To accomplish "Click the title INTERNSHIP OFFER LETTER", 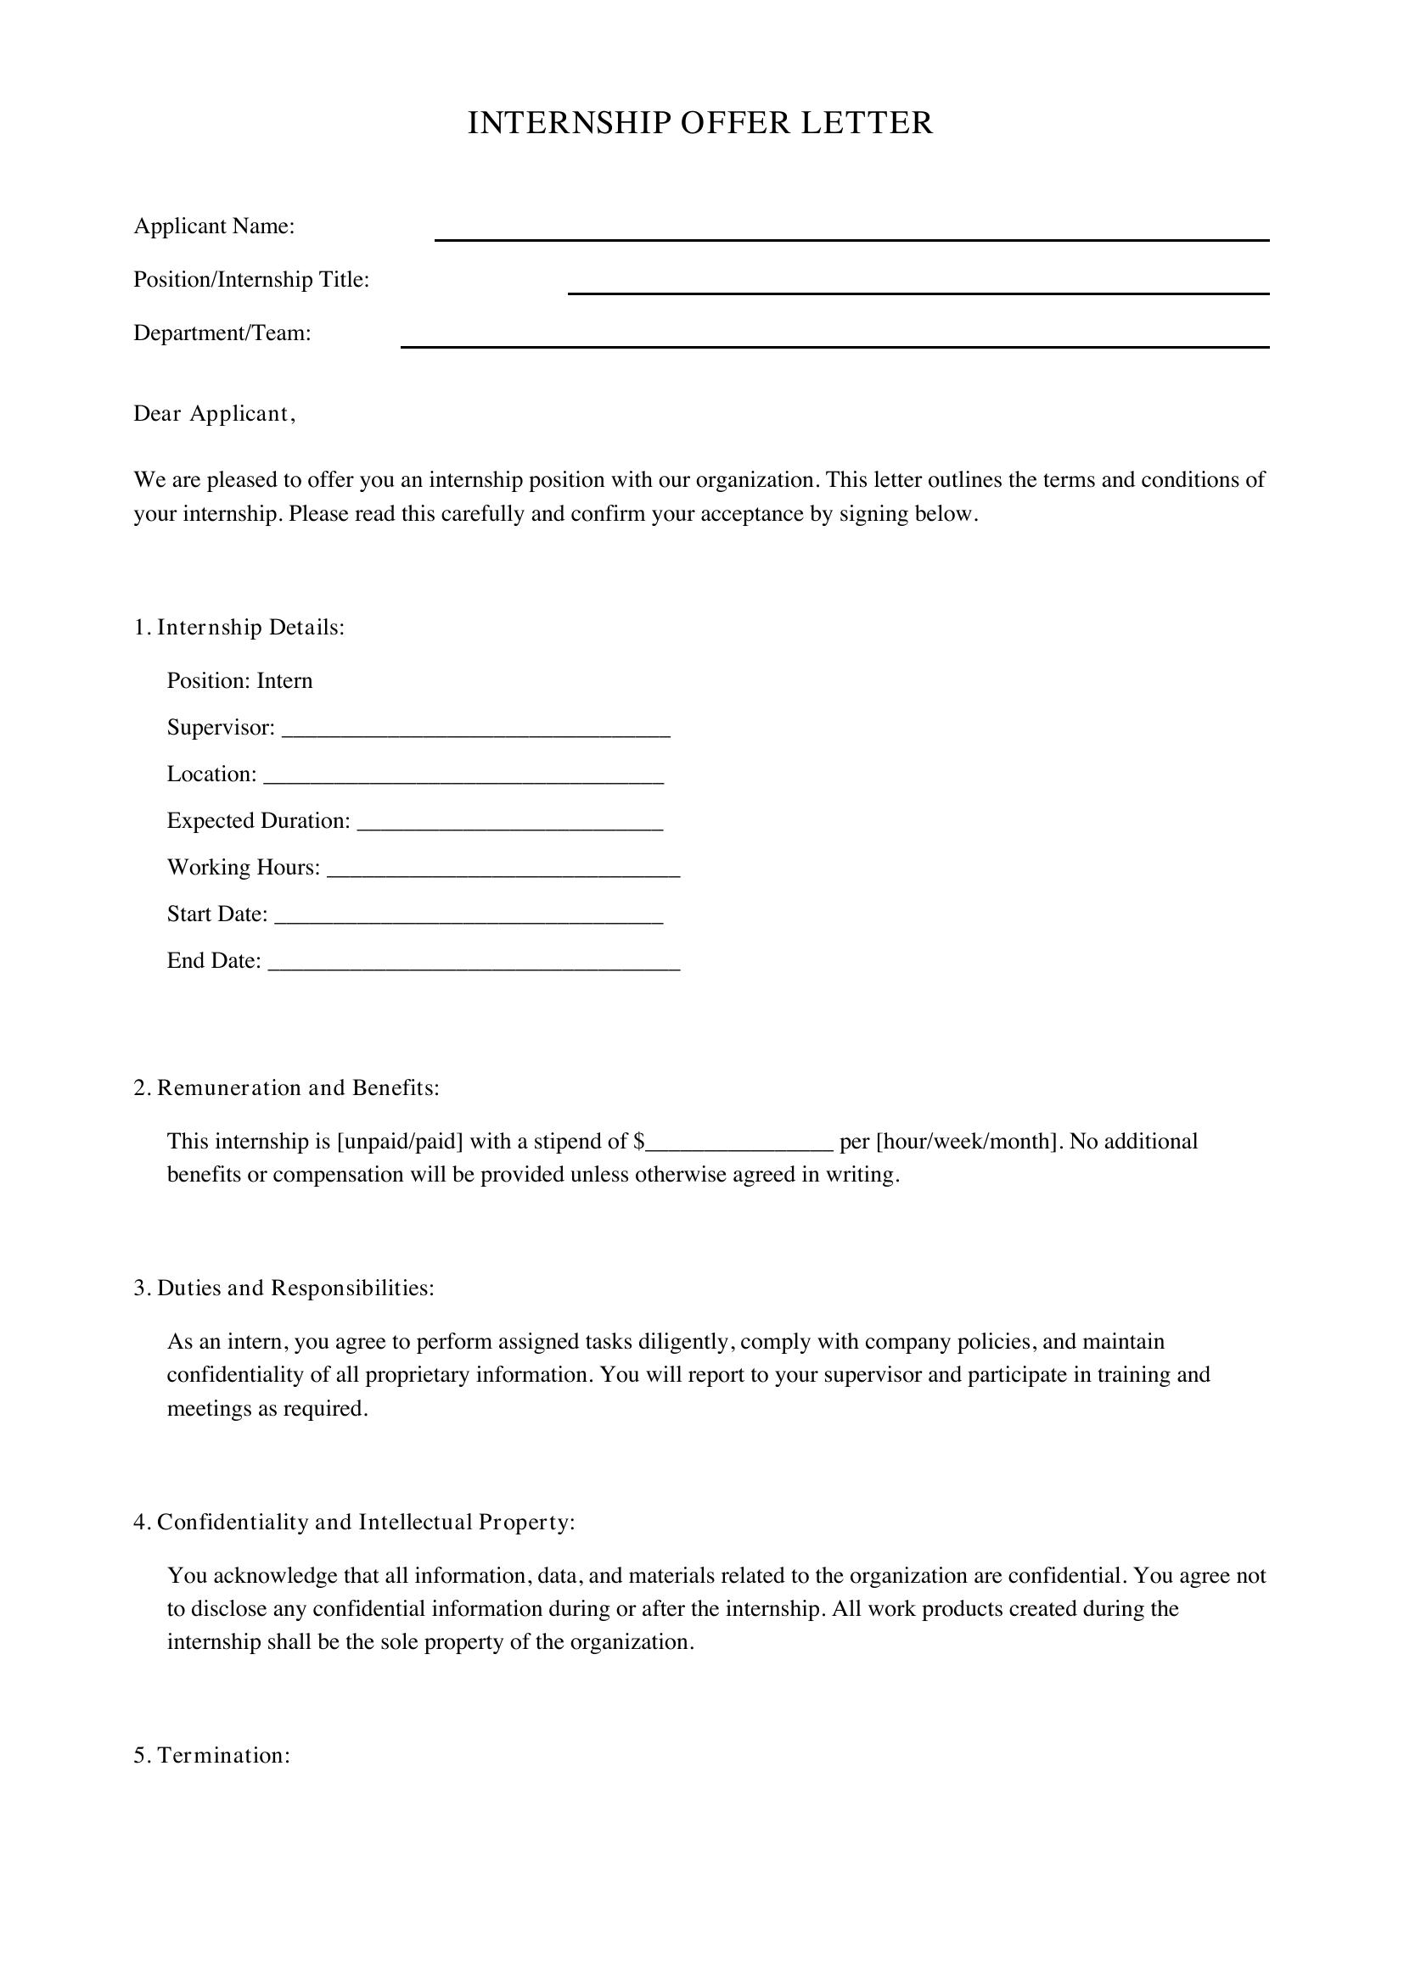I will coord(700,124).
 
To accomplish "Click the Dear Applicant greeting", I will coord(215,414).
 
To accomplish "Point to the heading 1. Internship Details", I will coord(239,628).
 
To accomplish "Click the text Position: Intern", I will coord(239,681).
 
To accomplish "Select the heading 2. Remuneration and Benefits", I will coord(286,1088).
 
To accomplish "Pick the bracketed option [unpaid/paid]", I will coord(401,1142).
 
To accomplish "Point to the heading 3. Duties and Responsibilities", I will coord(284,1288).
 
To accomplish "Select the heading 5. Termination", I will coord(212,1755).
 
